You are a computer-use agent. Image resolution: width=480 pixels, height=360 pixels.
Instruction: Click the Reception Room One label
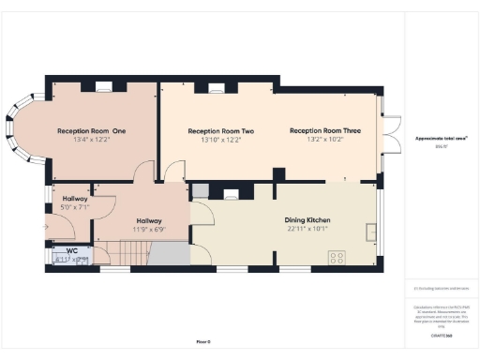91,130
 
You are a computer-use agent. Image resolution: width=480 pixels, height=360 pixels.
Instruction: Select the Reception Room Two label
221,130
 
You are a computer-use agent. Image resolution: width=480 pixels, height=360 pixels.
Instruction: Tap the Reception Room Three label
323,130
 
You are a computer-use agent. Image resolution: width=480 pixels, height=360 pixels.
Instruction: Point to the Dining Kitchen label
307,220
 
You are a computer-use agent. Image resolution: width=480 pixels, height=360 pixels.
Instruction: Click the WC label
69,250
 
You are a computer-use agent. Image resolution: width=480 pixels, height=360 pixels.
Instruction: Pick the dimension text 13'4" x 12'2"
91,140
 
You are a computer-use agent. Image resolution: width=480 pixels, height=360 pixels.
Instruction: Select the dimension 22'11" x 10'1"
307,229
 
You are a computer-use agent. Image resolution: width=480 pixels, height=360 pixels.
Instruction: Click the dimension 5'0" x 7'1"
75,207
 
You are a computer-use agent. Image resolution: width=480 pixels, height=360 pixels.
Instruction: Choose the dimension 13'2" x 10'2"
323,140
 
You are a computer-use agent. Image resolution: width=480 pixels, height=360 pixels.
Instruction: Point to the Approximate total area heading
441,138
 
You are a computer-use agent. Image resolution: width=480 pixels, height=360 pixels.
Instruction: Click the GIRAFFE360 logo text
441,335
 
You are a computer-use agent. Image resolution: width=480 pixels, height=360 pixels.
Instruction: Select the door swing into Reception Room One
142,172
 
